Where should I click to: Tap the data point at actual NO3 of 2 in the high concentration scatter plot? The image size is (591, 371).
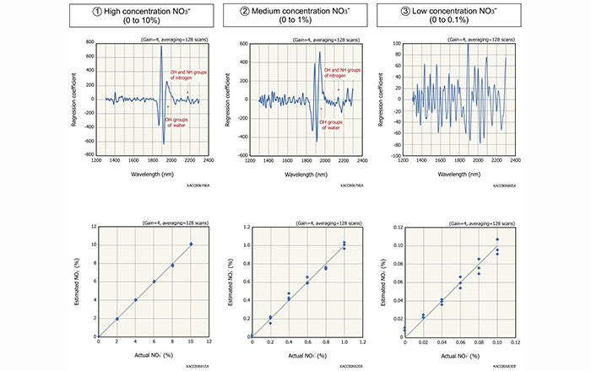pyautogui.click(x=117, y=319)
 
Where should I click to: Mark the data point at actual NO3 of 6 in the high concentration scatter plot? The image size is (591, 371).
pyautogui.click(x=154, y=282)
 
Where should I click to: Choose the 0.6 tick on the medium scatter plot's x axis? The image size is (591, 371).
pyautogui.click(x=307, y=341)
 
